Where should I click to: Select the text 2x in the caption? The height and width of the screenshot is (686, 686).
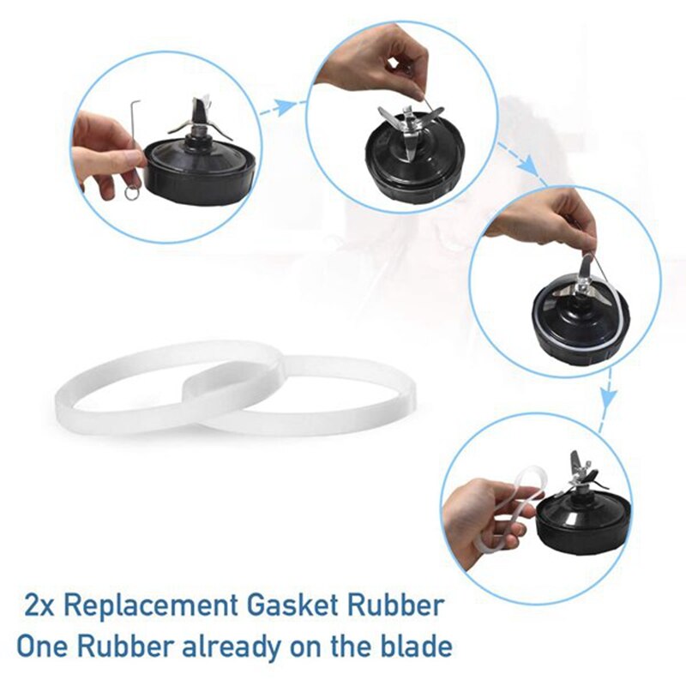(x=39, y=606)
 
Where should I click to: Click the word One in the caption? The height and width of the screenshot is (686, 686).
(x=45, y=645)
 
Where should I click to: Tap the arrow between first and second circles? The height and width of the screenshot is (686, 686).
(x=287, y=105)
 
